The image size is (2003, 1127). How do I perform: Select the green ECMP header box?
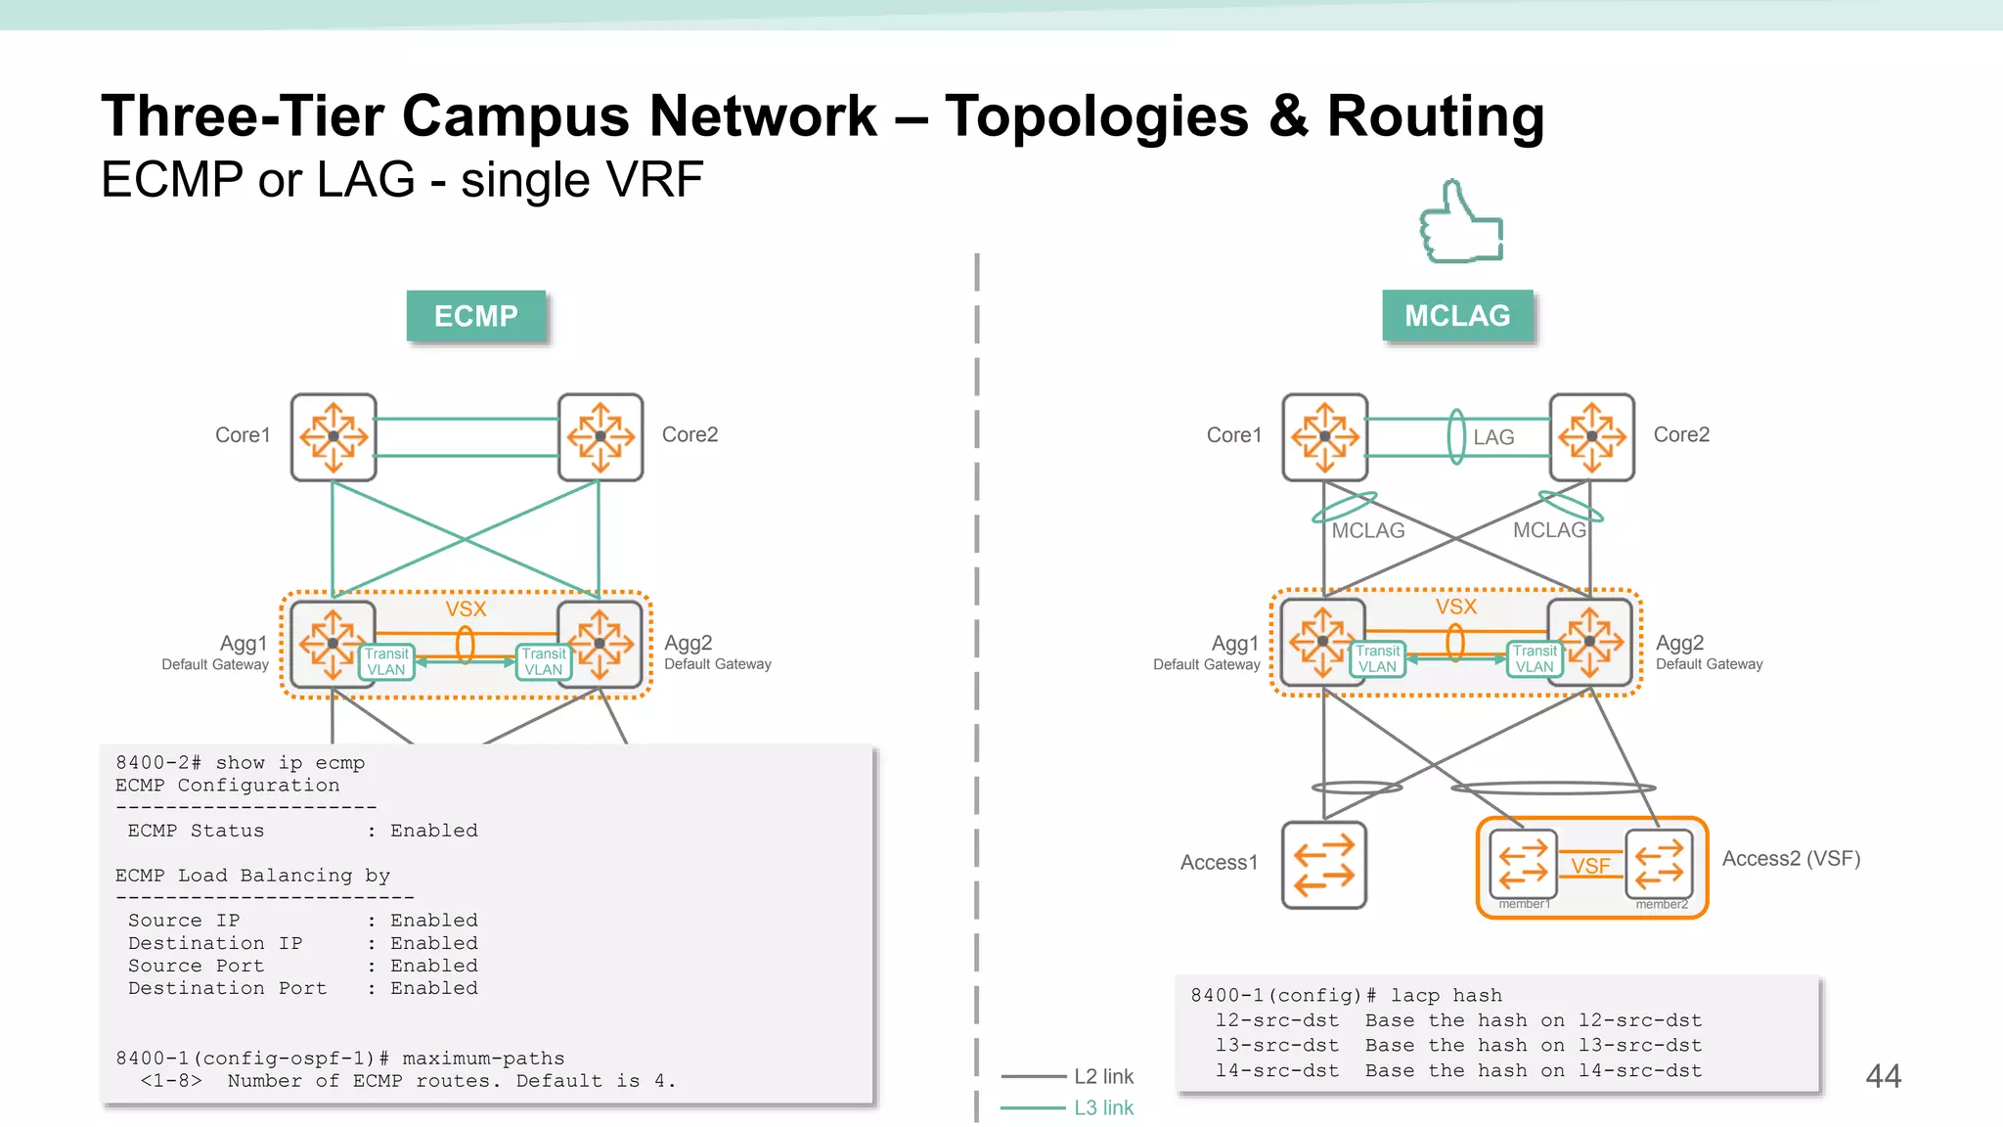(x=476, y=316)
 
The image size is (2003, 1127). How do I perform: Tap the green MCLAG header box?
(x=1457, y=315)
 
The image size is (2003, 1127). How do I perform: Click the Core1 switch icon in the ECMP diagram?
(x=334, y=437)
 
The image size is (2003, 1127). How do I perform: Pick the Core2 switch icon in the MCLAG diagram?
(x=1591, y=437)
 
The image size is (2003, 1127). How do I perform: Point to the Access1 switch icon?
(x=1324, y=865)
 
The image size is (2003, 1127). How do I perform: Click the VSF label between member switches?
(x=1590, y=866)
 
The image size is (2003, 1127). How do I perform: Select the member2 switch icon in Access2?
(x=1659, y=864)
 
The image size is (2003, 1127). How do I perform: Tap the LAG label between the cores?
(x=1493, y=437)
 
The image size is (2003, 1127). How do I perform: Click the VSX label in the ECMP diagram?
(x=466, y=609)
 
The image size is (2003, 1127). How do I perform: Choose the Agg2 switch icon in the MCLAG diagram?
(x=1590, y=643)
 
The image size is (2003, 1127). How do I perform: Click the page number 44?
(x=1883, y=1076)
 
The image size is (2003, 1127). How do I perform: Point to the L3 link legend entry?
(x=1103, y=1107)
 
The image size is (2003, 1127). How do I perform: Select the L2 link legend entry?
(x=1103, y=1076)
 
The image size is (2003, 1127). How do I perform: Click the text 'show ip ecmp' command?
(x=289, y=763)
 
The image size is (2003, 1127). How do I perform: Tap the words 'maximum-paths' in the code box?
(x=483, y=1059)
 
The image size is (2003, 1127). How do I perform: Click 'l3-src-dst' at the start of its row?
(x=1276, y=1046)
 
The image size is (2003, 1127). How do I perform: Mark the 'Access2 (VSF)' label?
(x=1790, y=859)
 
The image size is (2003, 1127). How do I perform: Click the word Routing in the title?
(x=1435, y=116)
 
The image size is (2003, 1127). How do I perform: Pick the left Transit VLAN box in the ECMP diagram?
(x=386, y=661)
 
